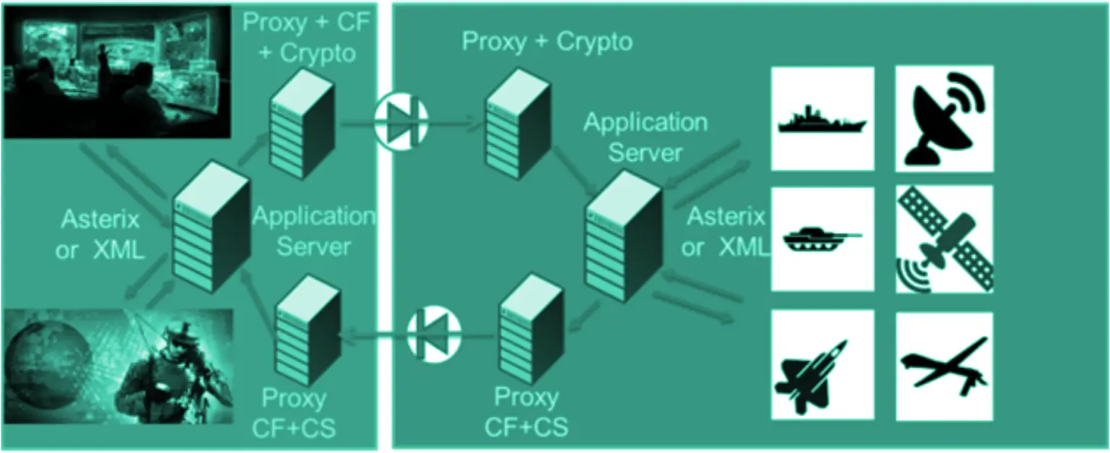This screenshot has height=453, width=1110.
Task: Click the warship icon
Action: point(822,119)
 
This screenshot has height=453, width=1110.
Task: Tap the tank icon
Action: point(822,238)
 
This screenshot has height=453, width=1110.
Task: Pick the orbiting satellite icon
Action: point(944,239)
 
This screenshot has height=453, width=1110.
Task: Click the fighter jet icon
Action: point(822,365)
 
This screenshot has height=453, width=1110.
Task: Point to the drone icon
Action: point(944,365)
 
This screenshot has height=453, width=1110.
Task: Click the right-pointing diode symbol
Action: point(402,122)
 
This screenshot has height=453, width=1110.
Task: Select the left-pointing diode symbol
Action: point(434,335)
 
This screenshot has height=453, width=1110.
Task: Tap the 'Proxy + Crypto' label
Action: point(547,41)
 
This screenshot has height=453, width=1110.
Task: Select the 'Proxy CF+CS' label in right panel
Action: point(525,412)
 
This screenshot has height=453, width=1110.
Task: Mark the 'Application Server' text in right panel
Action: point(645,137)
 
